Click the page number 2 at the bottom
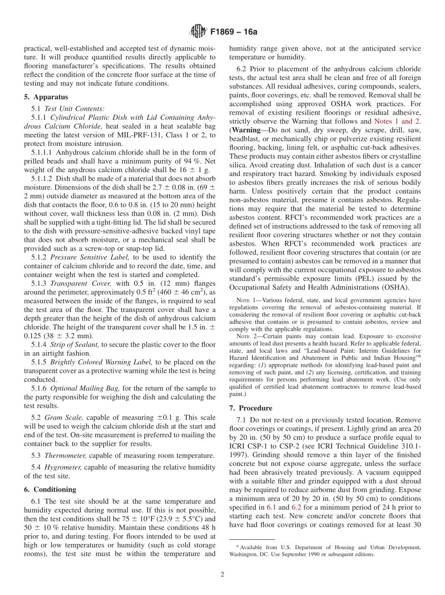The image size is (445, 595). pos(222,574)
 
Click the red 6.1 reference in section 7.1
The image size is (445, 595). pos(271,507)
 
